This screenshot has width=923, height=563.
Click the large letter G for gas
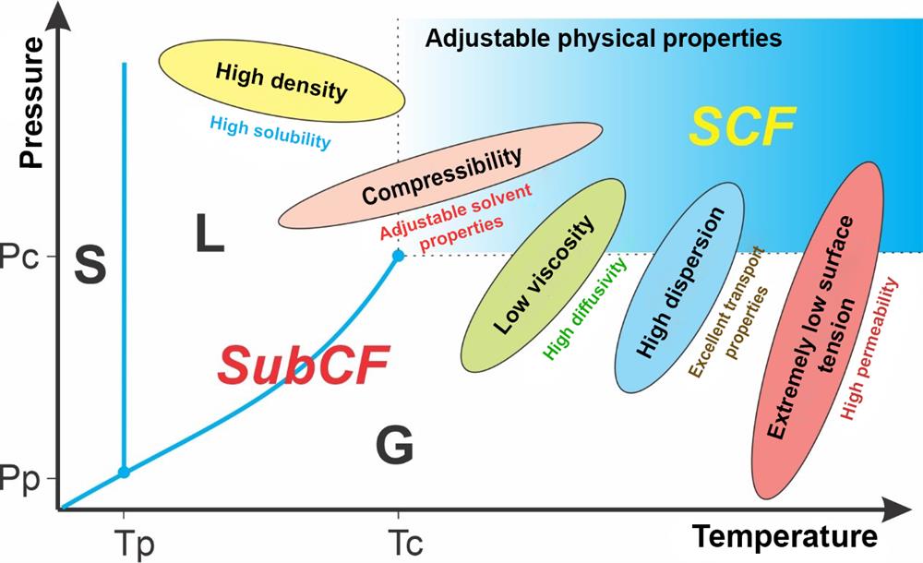[x=394, y=447]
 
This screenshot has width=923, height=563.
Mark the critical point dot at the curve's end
[x=398, y=255]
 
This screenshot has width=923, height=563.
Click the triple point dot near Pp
[x=124, y=473]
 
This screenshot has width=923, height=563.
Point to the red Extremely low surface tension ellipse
[x=817, y=330]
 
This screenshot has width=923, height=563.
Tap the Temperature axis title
[x=783, y=536]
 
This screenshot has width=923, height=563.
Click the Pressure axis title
[x=33, y=102]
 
